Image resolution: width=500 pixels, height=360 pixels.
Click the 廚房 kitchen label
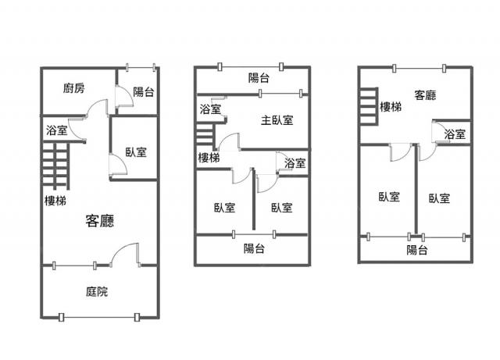[73, 88]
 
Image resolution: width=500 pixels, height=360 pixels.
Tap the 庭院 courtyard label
[97, 291]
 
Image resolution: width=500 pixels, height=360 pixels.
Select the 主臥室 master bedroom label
[277, 120]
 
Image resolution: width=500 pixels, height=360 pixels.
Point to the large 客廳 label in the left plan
[100, 221]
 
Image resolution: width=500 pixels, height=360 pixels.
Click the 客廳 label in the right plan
[425, 95]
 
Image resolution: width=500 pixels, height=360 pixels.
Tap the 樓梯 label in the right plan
[391, 107]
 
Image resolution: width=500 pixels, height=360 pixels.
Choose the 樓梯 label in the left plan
[55, 201]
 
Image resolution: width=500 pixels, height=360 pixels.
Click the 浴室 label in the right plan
[455, 134]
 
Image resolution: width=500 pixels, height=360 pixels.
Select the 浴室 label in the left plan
[57, 130]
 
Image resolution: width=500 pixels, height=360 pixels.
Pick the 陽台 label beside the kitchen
[144, 92]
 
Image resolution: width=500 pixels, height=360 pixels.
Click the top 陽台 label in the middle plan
[259, 78]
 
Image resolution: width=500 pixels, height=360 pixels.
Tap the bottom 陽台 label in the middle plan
[254, 248]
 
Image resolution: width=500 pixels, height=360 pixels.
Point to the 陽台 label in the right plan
[416, 250]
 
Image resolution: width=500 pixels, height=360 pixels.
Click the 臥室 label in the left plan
[136, 152]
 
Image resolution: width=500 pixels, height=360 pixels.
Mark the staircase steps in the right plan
[369, 106]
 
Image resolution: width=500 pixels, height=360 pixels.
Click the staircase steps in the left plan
[55, 166]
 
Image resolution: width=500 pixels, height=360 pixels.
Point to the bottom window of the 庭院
[99, 317]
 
